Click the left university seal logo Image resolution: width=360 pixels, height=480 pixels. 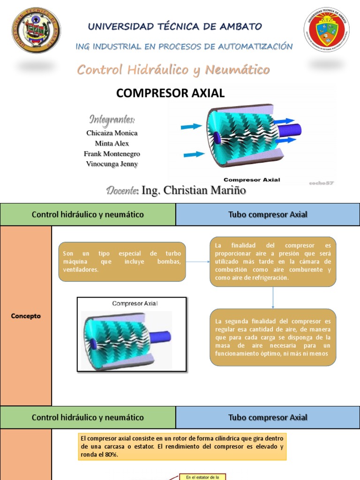point(36,30)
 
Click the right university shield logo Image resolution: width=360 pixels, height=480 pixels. point(326,29)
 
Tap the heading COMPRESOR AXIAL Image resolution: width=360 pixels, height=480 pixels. point(171,93)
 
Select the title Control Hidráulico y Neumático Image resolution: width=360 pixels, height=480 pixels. point(173,70)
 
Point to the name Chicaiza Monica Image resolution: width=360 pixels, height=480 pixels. point(112,133)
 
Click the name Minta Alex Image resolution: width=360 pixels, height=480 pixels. point(112,143)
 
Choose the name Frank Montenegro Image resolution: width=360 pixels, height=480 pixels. point(112,154)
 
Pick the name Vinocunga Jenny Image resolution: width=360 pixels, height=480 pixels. point(112,164)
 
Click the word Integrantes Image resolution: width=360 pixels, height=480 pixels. point(112,119)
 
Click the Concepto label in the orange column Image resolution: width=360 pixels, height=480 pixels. point(26,316)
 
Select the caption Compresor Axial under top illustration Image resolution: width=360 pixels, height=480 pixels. point(252,180)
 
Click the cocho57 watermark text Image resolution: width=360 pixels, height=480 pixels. point(321,183)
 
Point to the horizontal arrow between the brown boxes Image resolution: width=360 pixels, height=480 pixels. point(197,261)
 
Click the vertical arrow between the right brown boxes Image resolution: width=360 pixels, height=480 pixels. point(273,297)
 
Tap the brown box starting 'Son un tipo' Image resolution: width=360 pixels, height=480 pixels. point(122,262)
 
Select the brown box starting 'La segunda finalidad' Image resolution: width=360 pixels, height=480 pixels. point(273,337)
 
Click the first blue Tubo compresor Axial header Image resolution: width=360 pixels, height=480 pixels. point(268,215)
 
